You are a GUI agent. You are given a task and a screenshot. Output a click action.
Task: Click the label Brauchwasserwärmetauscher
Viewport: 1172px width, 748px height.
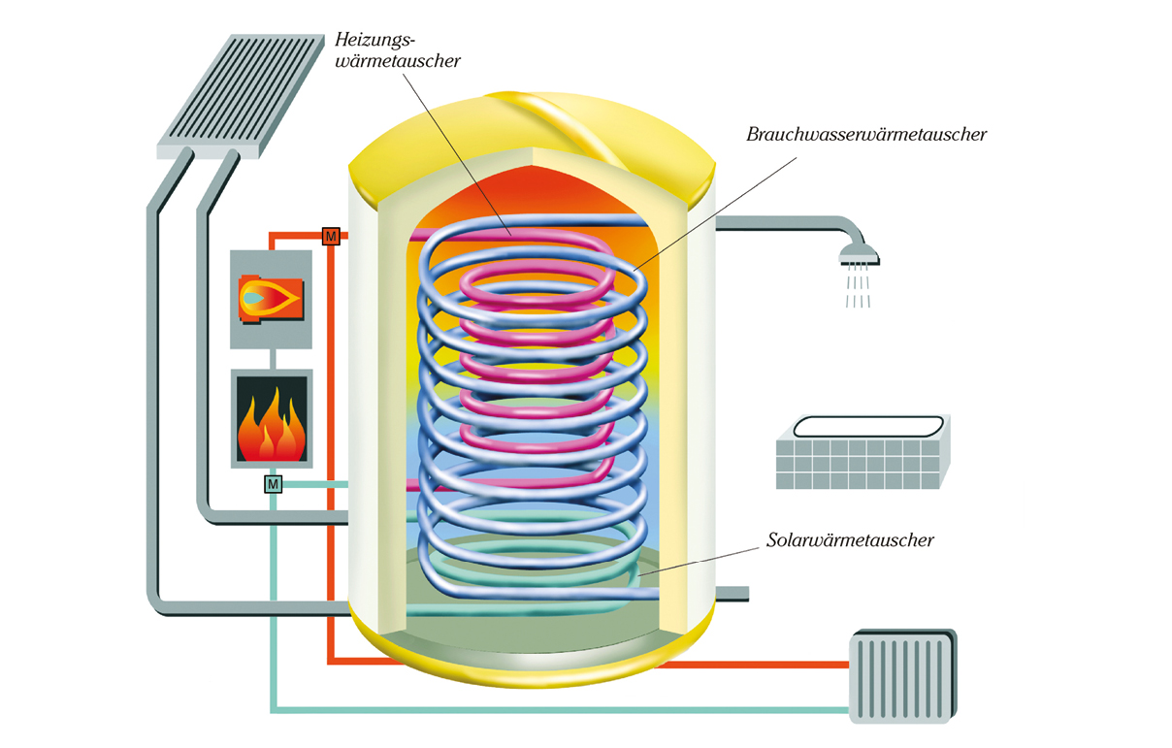(x=865, y=135)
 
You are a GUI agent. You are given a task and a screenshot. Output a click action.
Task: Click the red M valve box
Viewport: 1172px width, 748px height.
(x=331, y=236)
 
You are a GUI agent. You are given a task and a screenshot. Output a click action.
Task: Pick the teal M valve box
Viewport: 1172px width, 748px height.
(x=273, y=483)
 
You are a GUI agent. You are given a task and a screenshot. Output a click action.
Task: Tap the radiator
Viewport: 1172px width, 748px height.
(x=902, y=675)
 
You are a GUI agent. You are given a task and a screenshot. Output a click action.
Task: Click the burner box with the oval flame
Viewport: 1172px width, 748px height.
(x=271, y=299)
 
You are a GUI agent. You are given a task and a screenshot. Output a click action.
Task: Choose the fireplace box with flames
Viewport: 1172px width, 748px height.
(x=272, y=419)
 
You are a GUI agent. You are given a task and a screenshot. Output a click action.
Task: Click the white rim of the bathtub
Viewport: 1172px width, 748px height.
(x=867, y=426)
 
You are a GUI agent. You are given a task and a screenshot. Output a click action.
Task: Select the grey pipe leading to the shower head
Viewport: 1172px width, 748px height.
(x=776, y=225)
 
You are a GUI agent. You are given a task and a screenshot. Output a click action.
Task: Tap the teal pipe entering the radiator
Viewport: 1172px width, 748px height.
(x=582, y=709)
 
